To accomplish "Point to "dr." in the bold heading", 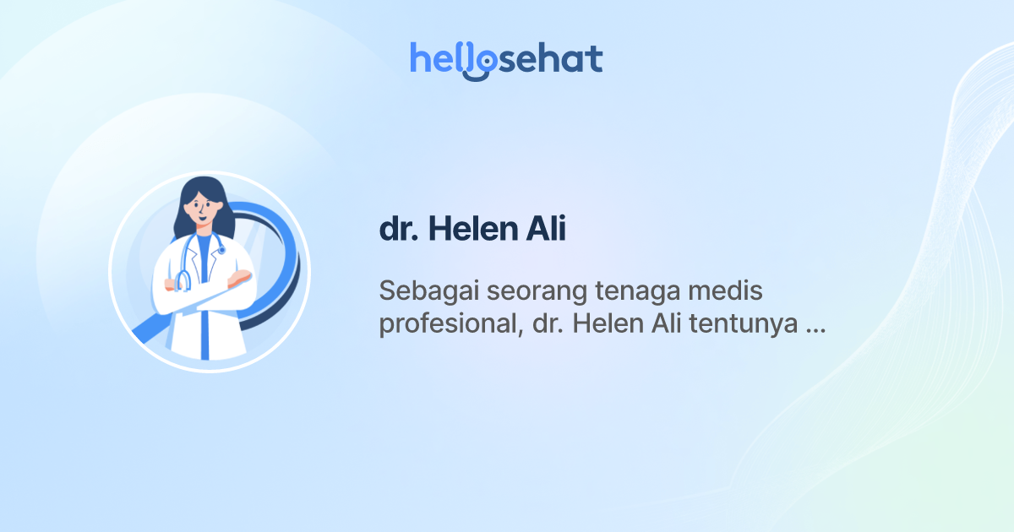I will (399, 231).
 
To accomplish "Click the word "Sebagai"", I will (420, 291).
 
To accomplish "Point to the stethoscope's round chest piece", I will (221, 250).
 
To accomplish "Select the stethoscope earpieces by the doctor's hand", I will (180, 280).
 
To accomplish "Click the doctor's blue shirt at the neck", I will (203, 245).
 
